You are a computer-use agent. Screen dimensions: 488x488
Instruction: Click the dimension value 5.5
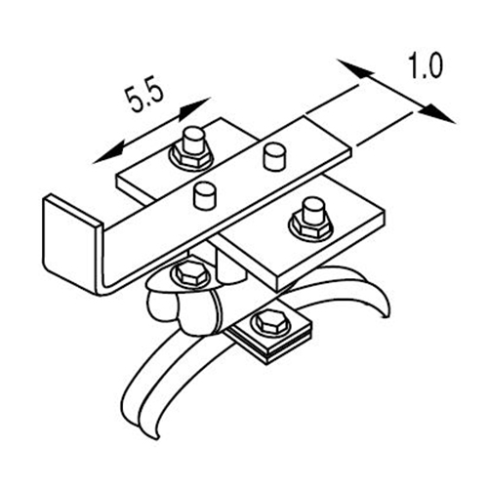tap(144, 99)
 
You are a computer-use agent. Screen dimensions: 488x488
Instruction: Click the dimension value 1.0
tap(426, 66)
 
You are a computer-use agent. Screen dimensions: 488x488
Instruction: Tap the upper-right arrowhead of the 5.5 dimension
tap(195, 107)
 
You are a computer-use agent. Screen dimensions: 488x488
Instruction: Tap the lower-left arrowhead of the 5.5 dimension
tap(108, 154)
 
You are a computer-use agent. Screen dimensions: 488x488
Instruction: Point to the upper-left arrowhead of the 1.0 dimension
tap(354, 69)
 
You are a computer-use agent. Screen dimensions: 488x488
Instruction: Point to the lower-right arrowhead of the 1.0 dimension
tap(437, 113)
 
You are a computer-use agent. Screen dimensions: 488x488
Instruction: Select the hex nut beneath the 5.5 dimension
tap(191, 154)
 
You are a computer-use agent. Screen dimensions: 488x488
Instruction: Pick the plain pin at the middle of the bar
tap(205, 195)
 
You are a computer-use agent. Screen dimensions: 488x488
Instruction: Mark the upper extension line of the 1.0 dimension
tap(332, 100)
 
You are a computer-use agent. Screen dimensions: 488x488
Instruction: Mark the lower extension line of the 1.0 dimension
tap(385, 129)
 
